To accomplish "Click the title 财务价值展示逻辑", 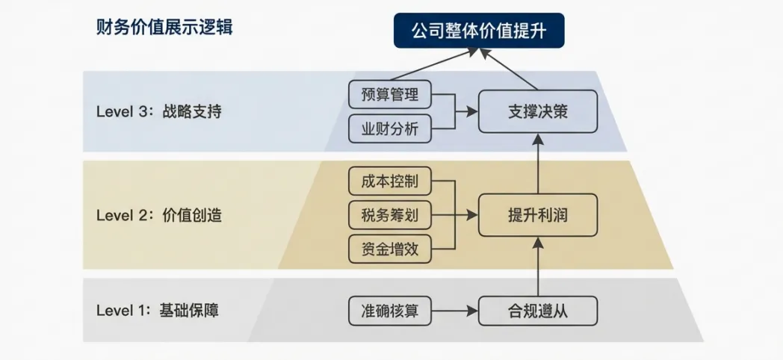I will (x=164, y=28).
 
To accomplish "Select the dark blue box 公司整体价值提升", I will (x=478, y=31).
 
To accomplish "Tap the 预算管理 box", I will (x=390, y=94).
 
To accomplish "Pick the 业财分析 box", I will (x=390, y=128).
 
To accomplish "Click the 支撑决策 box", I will (x=538, y=111).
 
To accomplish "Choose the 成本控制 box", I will (x=390, y=181).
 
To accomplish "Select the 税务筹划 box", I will (x=390, y=216).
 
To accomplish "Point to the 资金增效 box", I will (x=390, y=249).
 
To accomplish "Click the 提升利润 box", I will (x=538, y=216).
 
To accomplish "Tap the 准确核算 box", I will (x=390, y=311).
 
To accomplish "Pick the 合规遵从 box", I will (x=538, y=311).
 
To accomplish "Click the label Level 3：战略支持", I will (x=159, y=112).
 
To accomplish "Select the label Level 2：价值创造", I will (x=159, y=216).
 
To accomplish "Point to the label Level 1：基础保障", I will (x=159, y=311).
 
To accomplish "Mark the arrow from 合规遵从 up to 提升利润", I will (x=538, y=265).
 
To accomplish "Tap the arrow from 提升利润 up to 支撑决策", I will (x=538, y=164).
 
